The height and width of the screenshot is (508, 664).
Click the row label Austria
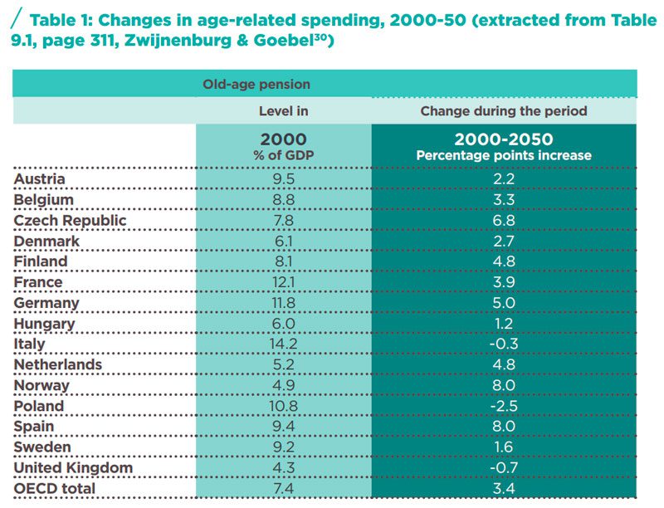[x=40, y=179]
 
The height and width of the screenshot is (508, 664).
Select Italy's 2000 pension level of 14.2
[x=283, y=344]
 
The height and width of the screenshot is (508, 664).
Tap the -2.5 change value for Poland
[x=503, y=407]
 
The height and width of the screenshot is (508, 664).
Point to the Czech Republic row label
[x=71, y=221]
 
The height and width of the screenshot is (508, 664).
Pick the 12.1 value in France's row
[x=283, y=282]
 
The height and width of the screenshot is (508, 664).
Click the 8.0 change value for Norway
[x=504, y=386]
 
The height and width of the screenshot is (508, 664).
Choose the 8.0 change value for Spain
[x=504, y=427]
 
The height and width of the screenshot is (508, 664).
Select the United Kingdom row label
[x=74, y=468]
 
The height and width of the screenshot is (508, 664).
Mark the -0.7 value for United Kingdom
[x=503, y=468]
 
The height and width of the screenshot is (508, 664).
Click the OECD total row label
[x=55, y=489]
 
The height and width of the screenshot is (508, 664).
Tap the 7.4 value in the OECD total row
[x=283, y=489]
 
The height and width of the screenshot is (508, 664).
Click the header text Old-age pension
[x=256, y=84]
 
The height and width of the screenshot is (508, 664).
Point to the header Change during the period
[x=503, y=110]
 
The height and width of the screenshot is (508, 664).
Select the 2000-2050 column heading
[x=503, y=139]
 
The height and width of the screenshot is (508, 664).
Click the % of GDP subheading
[x=283, y=155]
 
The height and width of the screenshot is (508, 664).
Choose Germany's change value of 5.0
[x=504, y=303]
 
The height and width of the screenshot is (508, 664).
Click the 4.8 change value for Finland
[x=504, y=261]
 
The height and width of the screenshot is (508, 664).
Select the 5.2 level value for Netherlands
[x=283, y=365]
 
